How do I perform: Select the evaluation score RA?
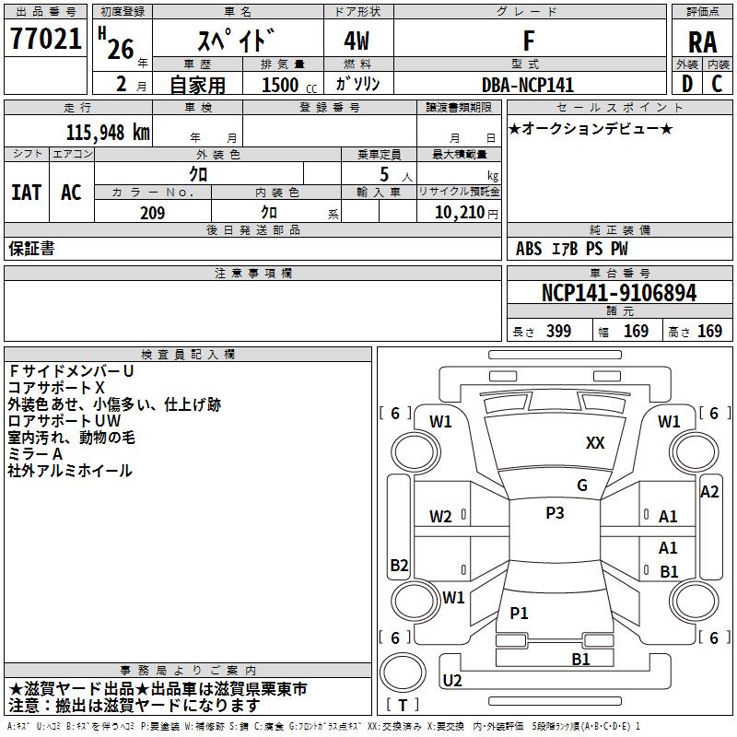coord(702,41)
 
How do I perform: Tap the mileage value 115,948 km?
coord(108,132)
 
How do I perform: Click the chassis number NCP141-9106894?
coord(618,293)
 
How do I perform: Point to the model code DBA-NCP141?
coord(528,85)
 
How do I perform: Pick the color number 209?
coord(152,213)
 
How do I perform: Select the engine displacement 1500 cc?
coord(280,85)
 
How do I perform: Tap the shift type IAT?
coord(26,193)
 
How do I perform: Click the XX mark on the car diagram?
coord(595,443)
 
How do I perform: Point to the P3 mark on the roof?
coord(554,513)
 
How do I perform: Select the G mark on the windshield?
coord(582,485)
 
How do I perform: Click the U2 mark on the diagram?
coord(452,680)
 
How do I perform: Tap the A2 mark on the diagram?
coord(709,492)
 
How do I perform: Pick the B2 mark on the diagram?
coord(399,565)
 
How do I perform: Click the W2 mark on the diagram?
coord(440,517)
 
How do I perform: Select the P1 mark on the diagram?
coord(520,613)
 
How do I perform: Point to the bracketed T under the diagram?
coord(403,705)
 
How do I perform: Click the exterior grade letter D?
coord(686,84)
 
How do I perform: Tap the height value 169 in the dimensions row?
coord(709,331)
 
